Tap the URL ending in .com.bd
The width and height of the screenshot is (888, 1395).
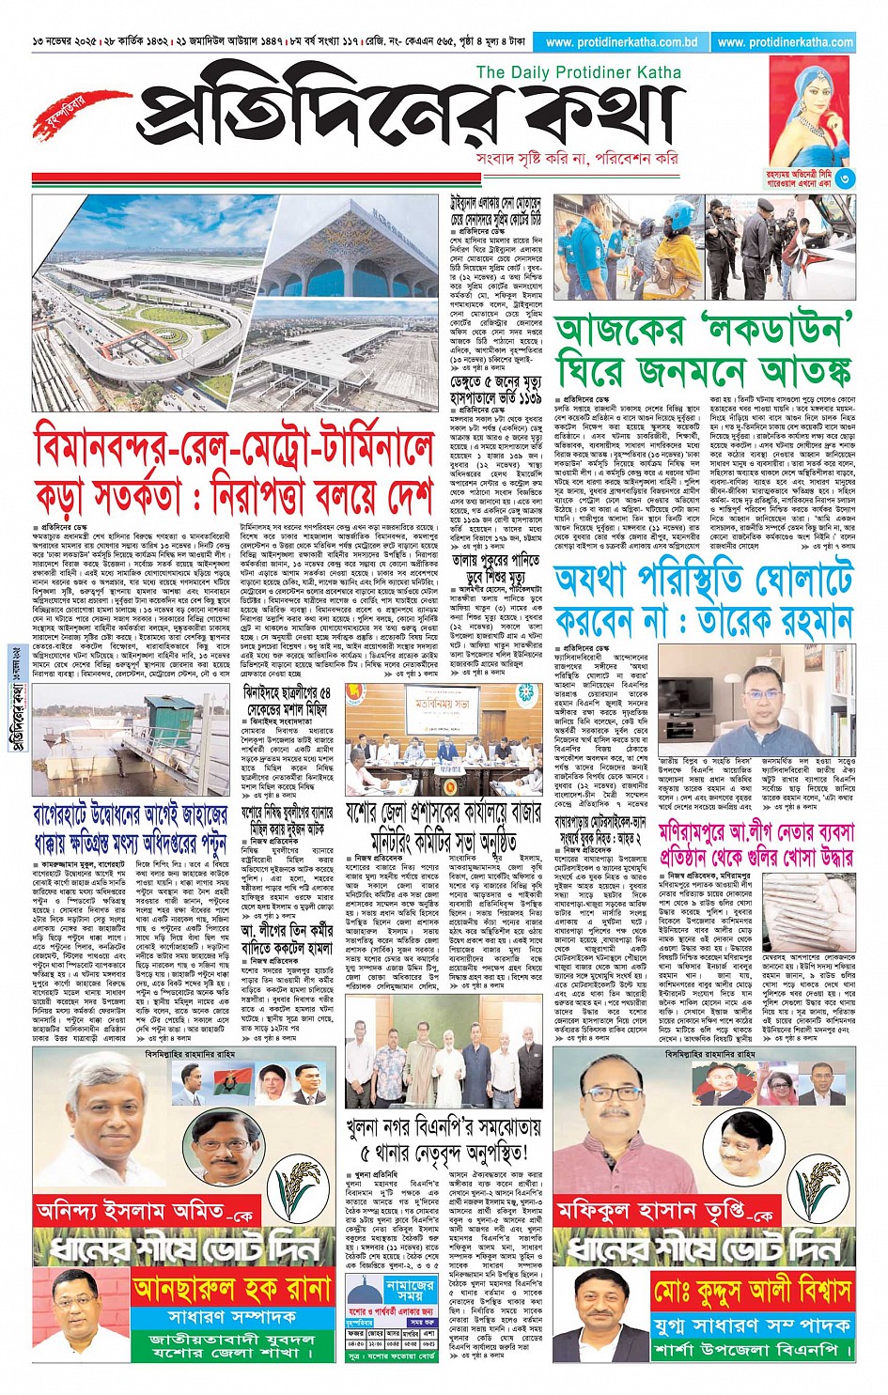click(x=621, y=42)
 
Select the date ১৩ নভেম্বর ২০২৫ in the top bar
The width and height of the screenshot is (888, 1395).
click(x=65, y=42)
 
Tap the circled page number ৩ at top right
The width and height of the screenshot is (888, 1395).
click(x=844, y=178)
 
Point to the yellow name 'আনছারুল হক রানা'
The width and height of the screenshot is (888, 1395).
click(x=231, y=1288)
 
